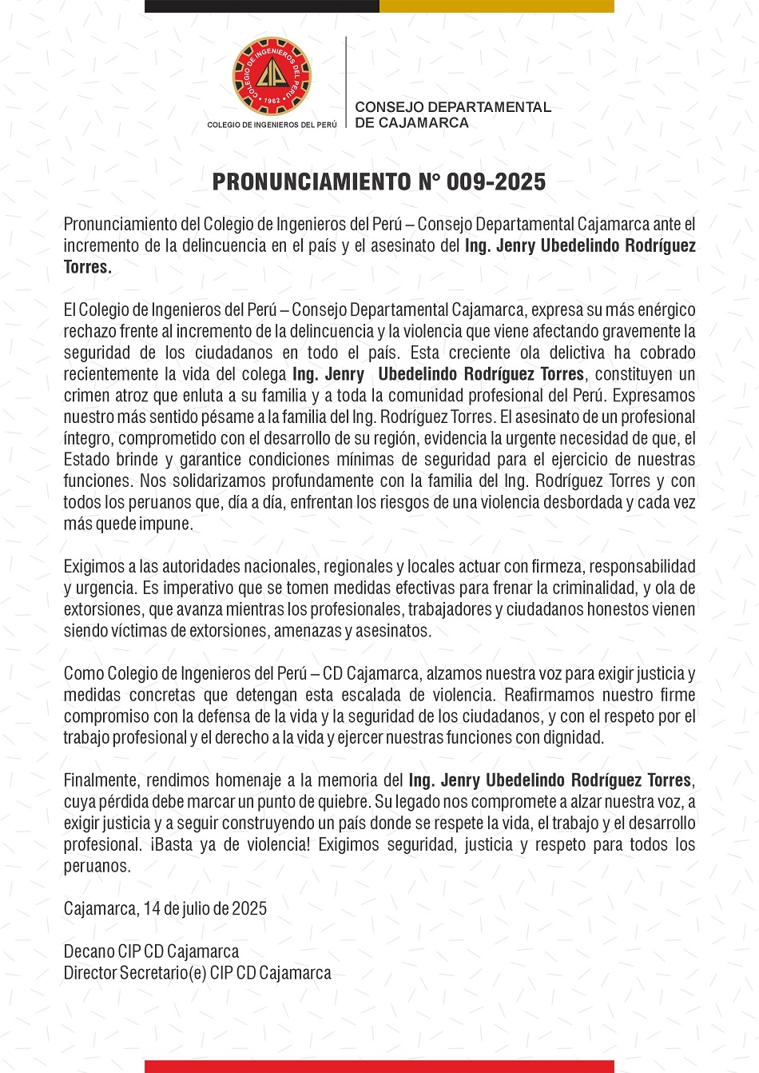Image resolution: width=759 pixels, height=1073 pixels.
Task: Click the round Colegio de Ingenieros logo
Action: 272,77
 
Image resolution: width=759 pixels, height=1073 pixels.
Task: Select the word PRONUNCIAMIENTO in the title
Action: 312,181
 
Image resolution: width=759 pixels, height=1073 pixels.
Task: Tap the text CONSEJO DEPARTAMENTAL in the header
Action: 452,107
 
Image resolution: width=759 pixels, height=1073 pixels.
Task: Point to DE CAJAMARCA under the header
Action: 411,123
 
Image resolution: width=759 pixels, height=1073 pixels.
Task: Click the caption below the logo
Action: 272,125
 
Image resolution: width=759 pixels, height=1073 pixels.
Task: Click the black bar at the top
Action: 261,6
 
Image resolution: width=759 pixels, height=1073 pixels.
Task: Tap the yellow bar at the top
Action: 496,6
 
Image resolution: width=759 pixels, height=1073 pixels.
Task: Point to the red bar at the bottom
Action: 379,1067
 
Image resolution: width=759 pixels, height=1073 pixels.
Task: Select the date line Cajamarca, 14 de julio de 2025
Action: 165,908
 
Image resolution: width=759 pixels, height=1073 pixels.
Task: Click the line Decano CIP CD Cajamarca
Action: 151,951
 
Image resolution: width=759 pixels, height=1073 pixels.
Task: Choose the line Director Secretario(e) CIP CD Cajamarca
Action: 197,973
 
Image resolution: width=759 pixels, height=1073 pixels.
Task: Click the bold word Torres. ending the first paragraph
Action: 88,267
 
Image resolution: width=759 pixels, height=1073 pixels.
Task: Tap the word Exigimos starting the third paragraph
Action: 94,567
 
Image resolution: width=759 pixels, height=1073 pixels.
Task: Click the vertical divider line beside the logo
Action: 346,82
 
